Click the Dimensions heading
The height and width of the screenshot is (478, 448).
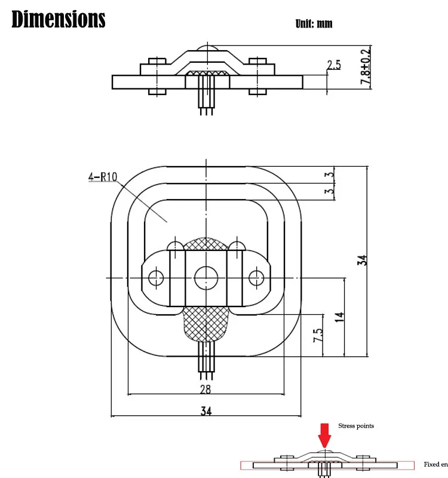(59, 19)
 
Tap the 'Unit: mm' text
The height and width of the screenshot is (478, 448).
(314, 24)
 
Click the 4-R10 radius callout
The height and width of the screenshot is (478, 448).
(103, 177)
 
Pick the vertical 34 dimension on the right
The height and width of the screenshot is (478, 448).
(363, 260)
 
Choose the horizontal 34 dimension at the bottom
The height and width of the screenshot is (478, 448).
(206, 411)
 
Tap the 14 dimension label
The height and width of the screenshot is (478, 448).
(340, 317)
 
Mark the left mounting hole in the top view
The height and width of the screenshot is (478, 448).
(157, 277)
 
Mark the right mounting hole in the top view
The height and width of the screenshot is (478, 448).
(256, 277)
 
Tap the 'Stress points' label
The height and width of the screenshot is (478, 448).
(356, 426)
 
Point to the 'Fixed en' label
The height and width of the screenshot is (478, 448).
(435, 464)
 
